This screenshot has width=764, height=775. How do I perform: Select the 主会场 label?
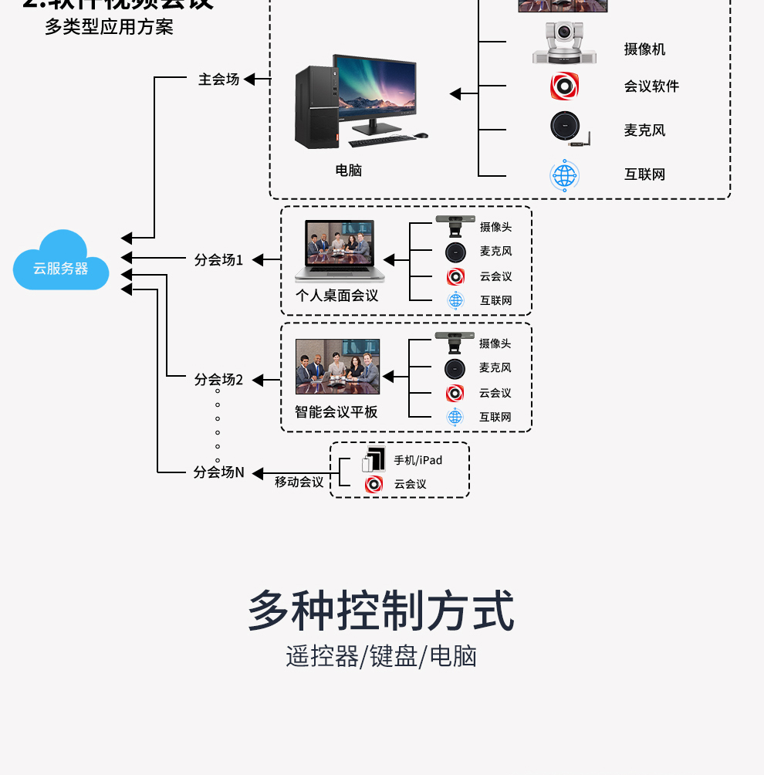pyautogui.click(x=218, y=80)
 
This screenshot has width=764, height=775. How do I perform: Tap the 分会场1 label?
pyautogui.click(x=218, y=260)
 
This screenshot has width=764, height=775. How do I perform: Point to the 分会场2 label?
pyautogui.click(x=218, y=380)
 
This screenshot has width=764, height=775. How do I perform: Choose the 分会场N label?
pyautogui.click(x=218, y=472)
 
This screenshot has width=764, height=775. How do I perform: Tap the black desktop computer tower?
pyautogui.click(x=316, y=107)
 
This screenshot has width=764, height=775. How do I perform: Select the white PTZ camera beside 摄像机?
pyautogui.click(x=564, y=44)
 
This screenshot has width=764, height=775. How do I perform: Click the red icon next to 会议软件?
pyautogui.click(x=564, y=86)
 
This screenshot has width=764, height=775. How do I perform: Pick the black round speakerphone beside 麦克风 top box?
pyautogui.click(x=567, y=128)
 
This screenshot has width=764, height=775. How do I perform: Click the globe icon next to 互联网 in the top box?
pyautogui.click(x=564, y=175)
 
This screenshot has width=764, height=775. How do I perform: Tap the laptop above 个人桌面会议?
pyautogui.click(x=340, y=251)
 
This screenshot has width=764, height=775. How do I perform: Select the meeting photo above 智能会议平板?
pyautogui.click(x=337, y=366)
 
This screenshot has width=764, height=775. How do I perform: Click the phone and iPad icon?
pyautogui.click(x=374, y=459)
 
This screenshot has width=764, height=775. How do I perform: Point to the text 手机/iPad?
pyautogui.click(x=418, y=460)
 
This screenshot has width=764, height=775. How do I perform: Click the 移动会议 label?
pyautogui.click(x=299, y=482)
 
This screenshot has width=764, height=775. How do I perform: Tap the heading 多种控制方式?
pyautogui.click(x=381, y=611)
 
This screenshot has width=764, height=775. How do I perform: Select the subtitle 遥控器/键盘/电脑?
pyautogui.click(x=381, y=656)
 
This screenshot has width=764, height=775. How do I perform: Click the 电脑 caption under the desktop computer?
pyautogui.click(x=349, y=171)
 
